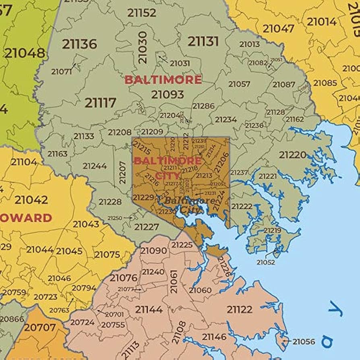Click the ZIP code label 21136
click(79, 44)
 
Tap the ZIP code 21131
click(203, 41)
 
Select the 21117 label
click(100, 103)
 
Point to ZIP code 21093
click(168, 95)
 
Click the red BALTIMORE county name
click(163, 79)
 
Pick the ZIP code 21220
click(293, 155)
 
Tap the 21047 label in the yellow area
click(279, 29)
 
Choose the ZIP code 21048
click(25, 53)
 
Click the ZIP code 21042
click(31, 200)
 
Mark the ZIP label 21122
click(239, 309)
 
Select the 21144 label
click(149, 309)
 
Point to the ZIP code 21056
click(304, 341)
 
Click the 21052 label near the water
click(266, 262)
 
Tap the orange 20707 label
click(39, 327)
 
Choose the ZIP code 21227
click(146, 227)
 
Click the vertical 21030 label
click(143, 48)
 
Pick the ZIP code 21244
click(95, 166)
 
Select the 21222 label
click(242, 206)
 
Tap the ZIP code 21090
click(153, 251)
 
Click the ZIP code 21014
click(322, 22)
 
